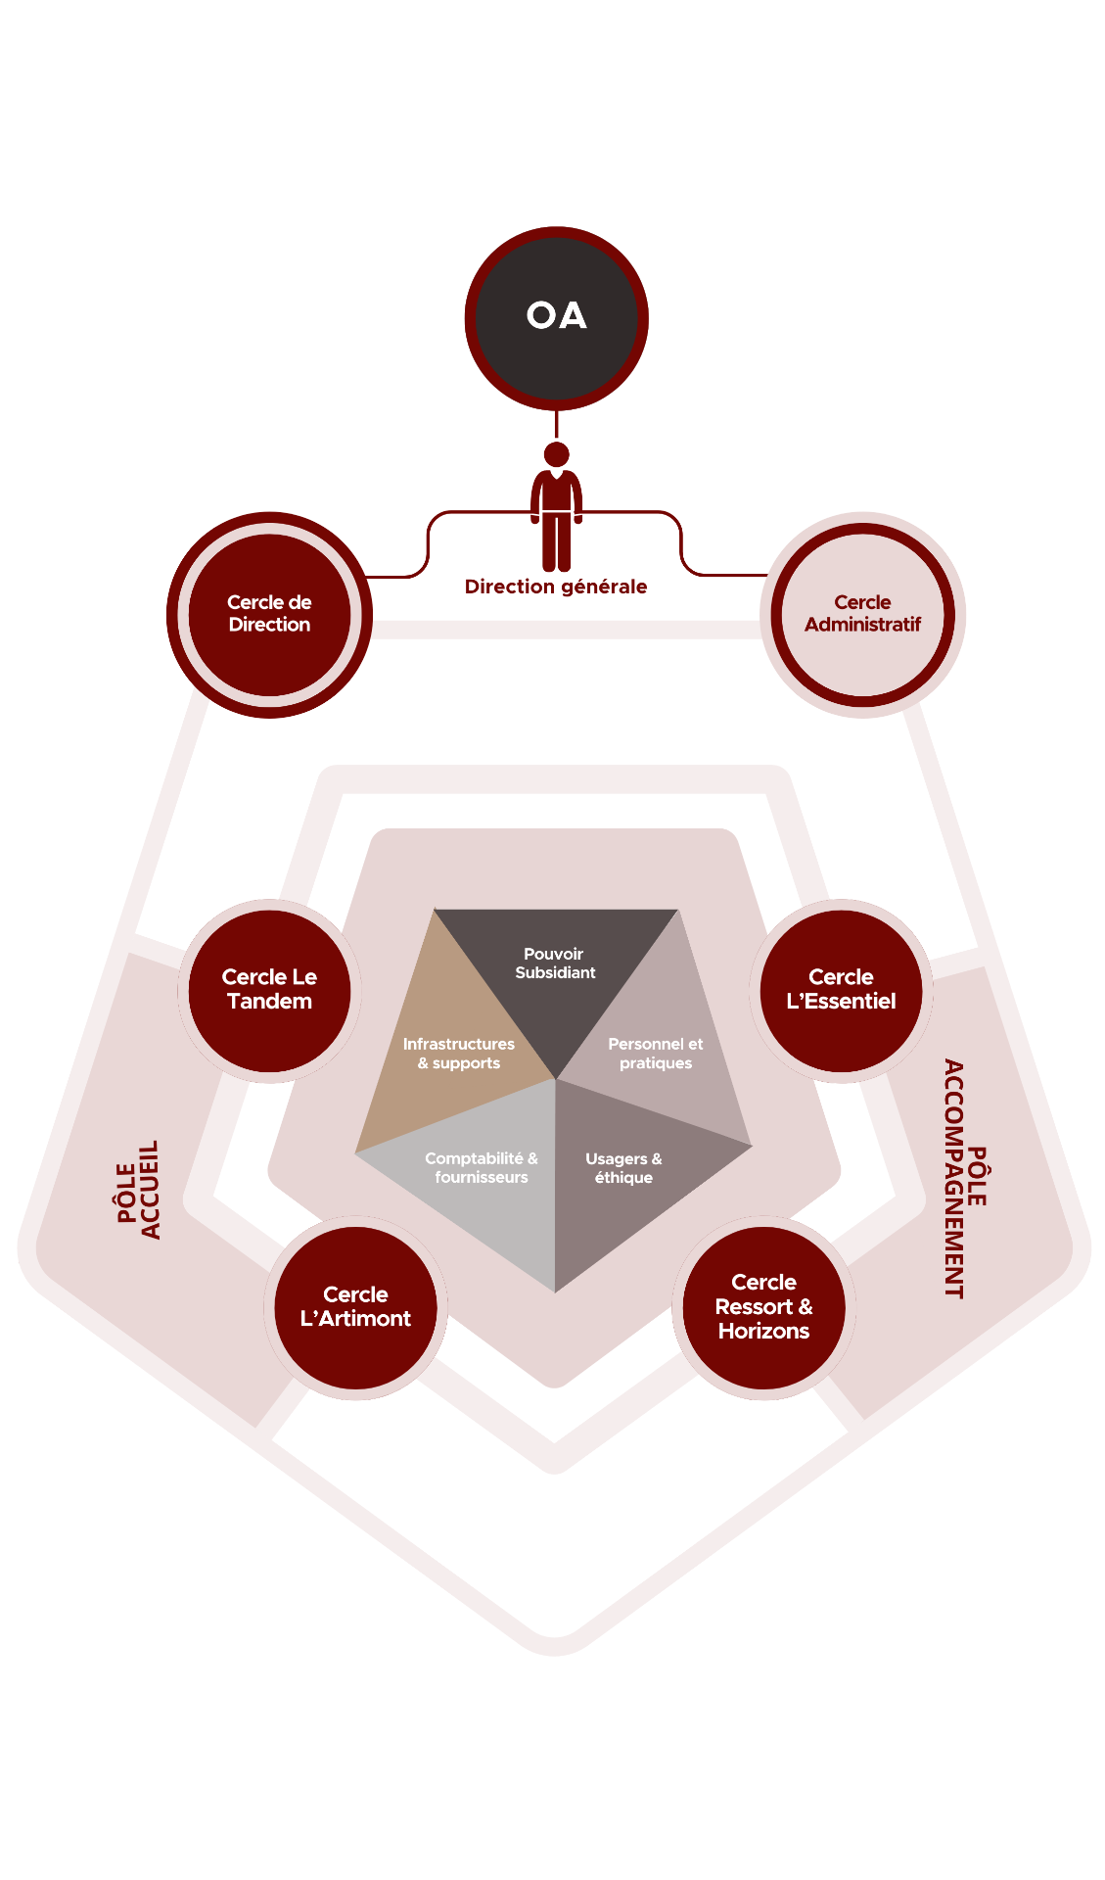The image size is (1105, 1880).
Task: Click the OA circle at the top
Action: click(556, 318)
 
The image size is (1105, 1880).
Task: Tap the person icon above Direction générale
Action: click(556, 514)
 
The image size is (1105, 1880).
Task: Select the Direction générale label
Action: click(556, 587)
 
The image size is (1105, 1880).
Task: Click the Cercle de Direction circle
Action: click(269, 614)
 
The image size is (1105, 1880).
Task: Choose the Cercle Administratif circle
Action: click(862, 614)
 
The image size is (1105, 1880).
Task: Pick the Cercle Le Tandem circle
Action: click(269, 990)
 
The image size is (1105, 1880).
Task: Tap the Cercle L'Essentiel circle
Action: click(841, 990)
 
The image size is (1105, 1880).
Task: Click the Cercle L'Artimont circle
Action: click(355, 1307)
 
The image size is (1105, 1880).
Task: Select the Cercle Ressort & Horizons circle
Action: click(763, 1307)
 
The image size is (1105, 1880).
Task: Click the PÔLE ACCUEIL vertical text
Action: click(138, 1190)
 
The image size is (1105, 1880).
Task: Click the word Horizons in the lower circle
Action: click(763, 1331)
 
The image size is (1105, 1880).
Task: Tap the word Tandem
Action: click(269, 1002)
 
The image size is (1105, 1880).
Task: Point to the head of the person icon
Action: click(556, 454)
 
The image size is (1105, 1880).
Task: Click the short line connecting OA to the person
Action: click(556, 425)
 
